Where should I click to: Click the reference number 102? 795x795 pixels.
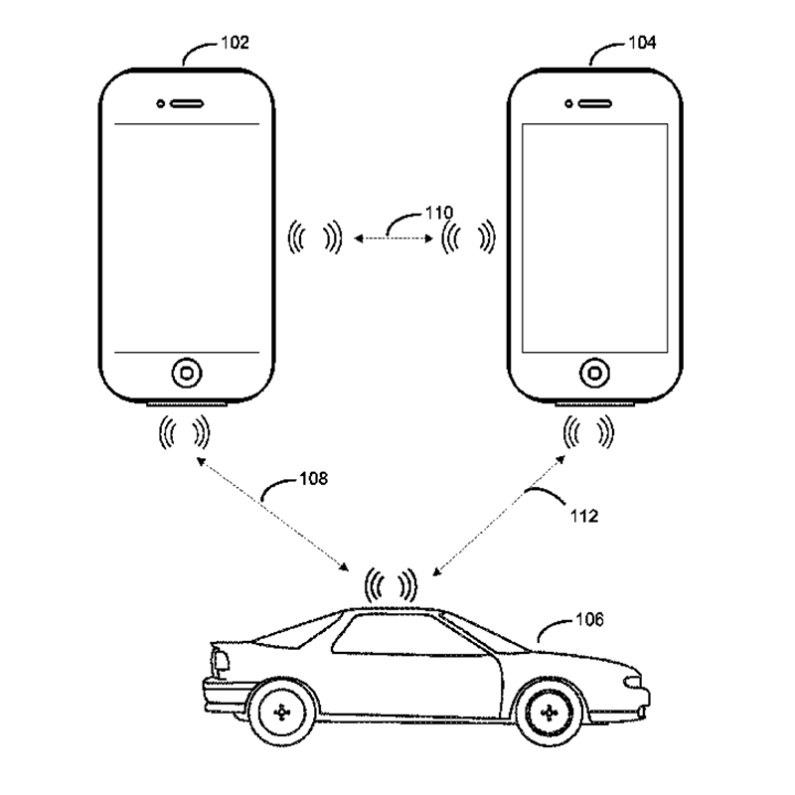[x=236, y=43]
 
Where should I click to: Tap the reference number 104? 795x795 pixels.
[x=642, y=43]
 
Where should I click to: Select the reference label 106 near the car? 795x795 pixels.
[x=588, y=621]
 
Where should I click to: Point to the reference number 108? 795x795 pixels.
[x=312, y=478]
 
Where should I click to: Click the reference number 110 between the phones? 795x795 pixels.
[x=438, y=212]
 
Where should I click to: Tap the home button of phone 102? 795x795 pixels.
[x=186, y=373]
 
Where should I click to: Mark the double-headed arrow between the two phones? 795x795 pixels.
[x=392, y=237]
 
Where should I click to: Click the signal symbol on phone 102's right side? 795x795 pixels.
[x=314, y=237]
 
